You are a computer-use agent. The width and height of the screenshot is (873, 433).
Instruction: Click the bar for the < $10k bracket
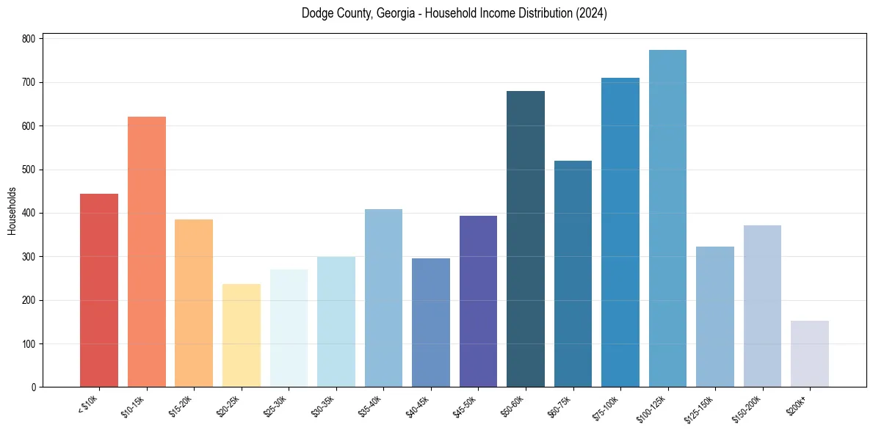[99, 291]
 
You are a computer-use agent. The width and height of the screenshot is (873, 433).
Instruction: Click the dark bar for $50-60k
[526, 239]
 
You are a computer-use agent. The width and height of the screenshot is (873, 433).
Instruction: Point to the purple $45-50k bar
[478, 302]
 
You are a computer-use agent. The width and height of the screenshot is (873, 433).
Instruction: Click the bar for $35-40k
[383, 298]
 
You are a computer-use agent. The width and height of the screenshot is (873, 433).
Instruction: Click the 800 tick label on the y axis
[29, 39]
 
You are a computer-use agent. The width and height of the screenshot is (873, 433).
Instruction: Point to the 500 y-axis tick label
[29, 170]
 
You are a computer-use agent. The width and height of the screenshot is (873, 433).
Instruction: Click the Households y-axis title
[12, 211]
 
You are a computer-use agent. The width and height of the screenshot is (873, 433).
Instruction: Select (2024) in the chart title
[592, 13]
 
